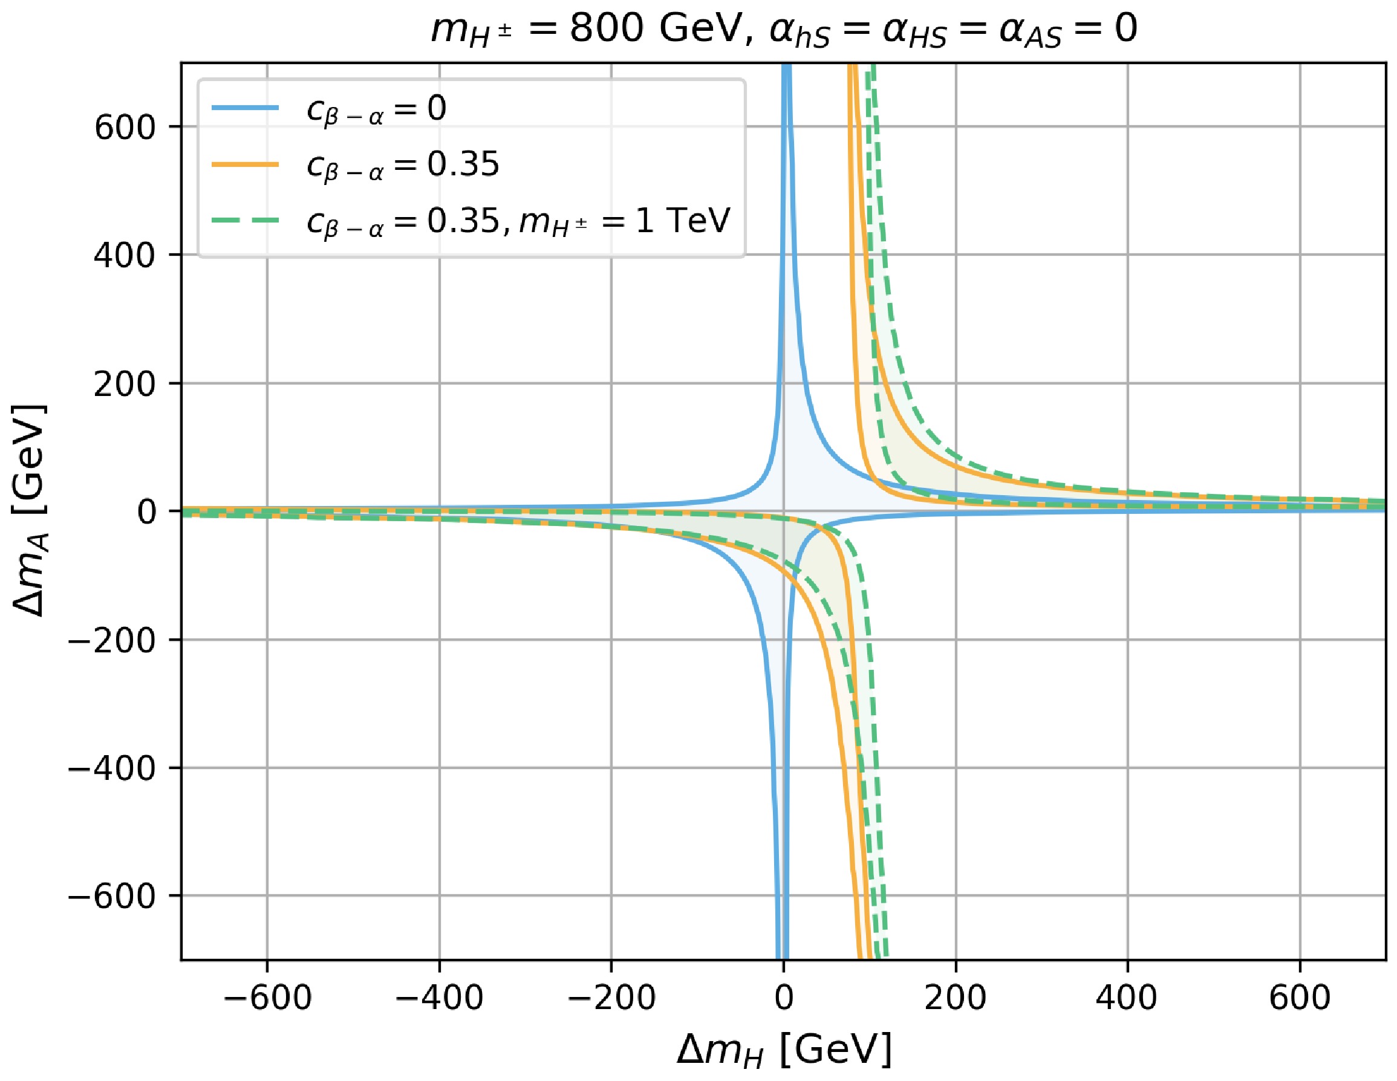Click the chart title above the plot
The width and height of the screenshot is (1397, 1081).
coord(784,30)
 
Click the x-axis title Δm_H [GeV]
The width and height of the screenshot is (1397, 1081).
coord(784,1050)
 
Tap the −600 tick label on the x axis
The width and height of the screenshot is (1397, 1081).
coord(267,998)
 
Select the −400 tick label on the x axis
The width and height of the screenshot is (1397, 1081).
coord(439,998)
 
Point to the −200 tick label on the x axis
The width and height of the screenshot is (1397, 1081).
coord(611,998)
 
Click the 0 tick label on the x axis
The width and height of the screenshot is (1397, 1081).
coord(784,998)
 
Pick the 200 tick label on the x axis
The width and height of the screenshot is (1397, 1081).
coord(956,998)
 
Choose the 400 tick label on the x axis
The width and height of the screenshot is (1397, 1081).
coord(1128,998)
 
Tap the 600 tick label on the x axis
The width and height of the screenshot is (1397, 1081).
coord(1300,998)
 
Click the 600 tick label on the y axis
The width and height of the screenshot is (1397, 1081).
coord(125,128)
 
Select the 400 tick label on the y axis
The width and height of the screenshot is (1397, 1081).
coord(125,255)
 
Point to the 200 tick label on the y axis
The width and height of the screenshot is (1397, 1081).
coord(125,384)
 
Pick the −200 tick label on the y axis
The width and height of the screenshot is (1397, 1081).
coord(112,640)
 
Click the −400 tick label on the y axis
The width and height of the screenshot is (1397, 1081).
coord(112,768)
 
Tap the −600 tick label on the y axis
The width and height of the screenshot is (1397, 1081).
coord(112,897)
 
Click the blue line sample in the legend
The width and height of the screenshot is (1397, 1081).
coord(246,108)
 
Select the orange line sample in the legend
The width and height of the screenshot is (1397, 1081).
coord(246,164)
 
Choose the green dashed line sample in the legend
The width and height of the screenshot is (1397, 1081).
coord(246,221)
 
